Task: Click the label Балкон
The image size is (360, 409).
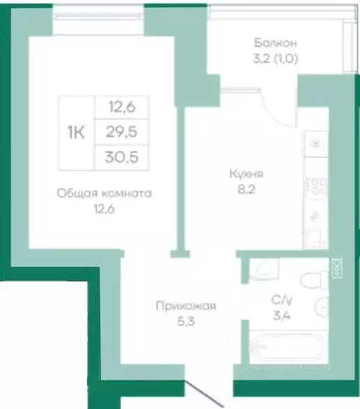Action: pyautogui.click(x=276, y=43)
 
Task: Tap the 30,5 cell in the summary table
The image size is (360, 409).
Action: pyautogui.click(x=123, y=157)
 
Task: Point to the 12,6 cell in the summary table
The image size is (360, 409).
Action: pyautogui.click(x=123, y=107)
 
